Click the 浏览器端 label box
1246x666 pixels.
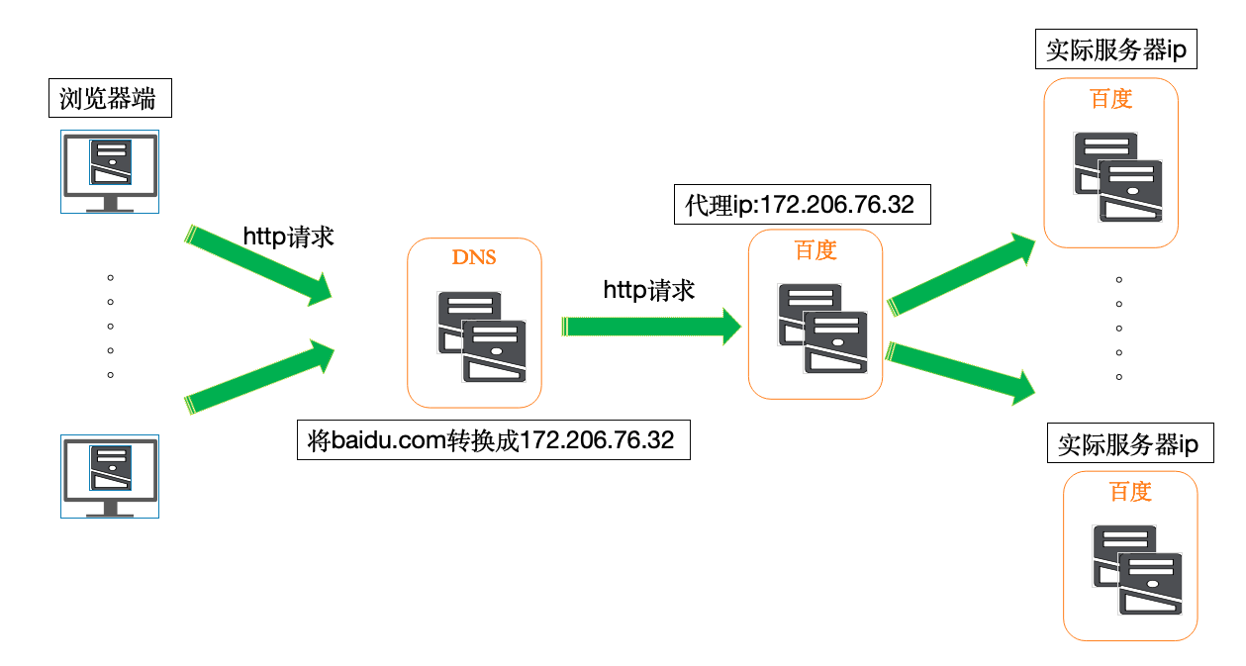coord(109,99)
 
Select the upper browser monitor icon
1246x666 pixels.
coord(110,171)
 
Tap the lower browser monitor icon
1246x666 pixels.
coord(110,476)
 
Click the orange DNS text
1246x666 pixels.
coord(474,258)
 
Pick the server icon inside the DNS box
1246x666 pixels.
coord(482,336)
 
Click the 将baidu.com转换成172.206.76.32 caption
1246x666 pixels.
coord(492,440)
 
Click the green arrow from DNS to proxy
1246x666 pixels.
coord(651,327)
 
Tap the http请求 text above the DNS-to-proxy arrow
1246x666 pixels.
coord(649,290)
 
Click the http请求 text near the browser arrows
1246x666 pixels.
coord(289,237)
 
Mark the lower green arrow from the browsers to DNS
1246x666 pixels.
coord(258,377)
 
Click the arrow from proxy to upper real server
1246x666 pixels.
coord(961,274)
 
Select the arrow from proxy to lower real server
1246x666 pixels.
coord(961,373)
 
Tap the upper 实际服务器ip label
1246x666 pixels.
coord(1115,49)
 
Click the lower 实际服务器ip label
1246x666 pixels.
coord(1127,444)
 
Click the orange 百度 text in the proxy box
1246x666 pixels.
coord(815,250)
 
